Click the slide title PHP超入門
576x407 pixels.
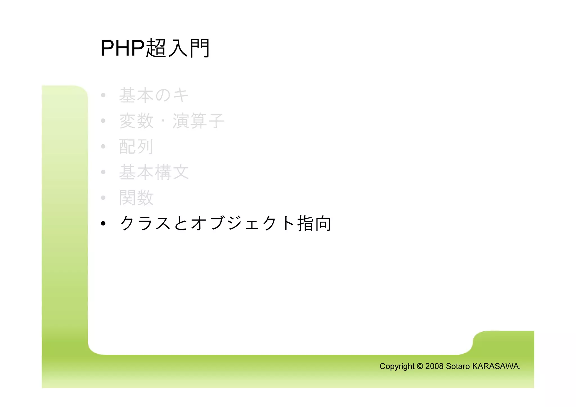click(155, 48)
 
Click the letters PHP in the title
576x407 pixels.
click(122, 48)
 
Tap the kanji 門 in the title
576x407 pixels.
click(200, 48)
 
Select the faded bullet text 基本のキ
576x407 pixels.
click(154, 95)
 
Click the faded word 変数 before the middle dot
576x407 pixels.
click(136, 121)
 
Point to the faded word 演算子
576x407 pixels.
click(198, 121)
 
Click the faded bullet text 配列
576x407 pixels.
click(136, 147)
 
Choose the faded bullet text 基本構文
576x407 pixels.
click(154, 172)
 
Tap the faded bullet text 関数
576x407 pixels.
click(136, 198)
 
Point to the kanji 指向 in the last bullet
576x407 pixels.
click(314, 223)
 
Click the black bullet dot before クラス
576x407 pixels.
click(103, 224)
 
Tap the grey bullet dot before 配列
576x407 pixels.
click(103, 147)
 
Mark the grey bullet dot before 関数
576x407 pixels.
click(103, 198)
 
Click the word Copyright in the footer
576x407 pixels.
click(397, 366)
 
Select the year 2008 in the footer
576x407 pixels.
click(435, 366)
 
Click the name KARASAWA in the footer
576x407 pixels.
click(496, 366)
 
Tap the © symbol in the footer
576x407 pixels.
click(420, 366)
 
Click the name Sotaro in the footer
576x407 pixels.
click(458, 366)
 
